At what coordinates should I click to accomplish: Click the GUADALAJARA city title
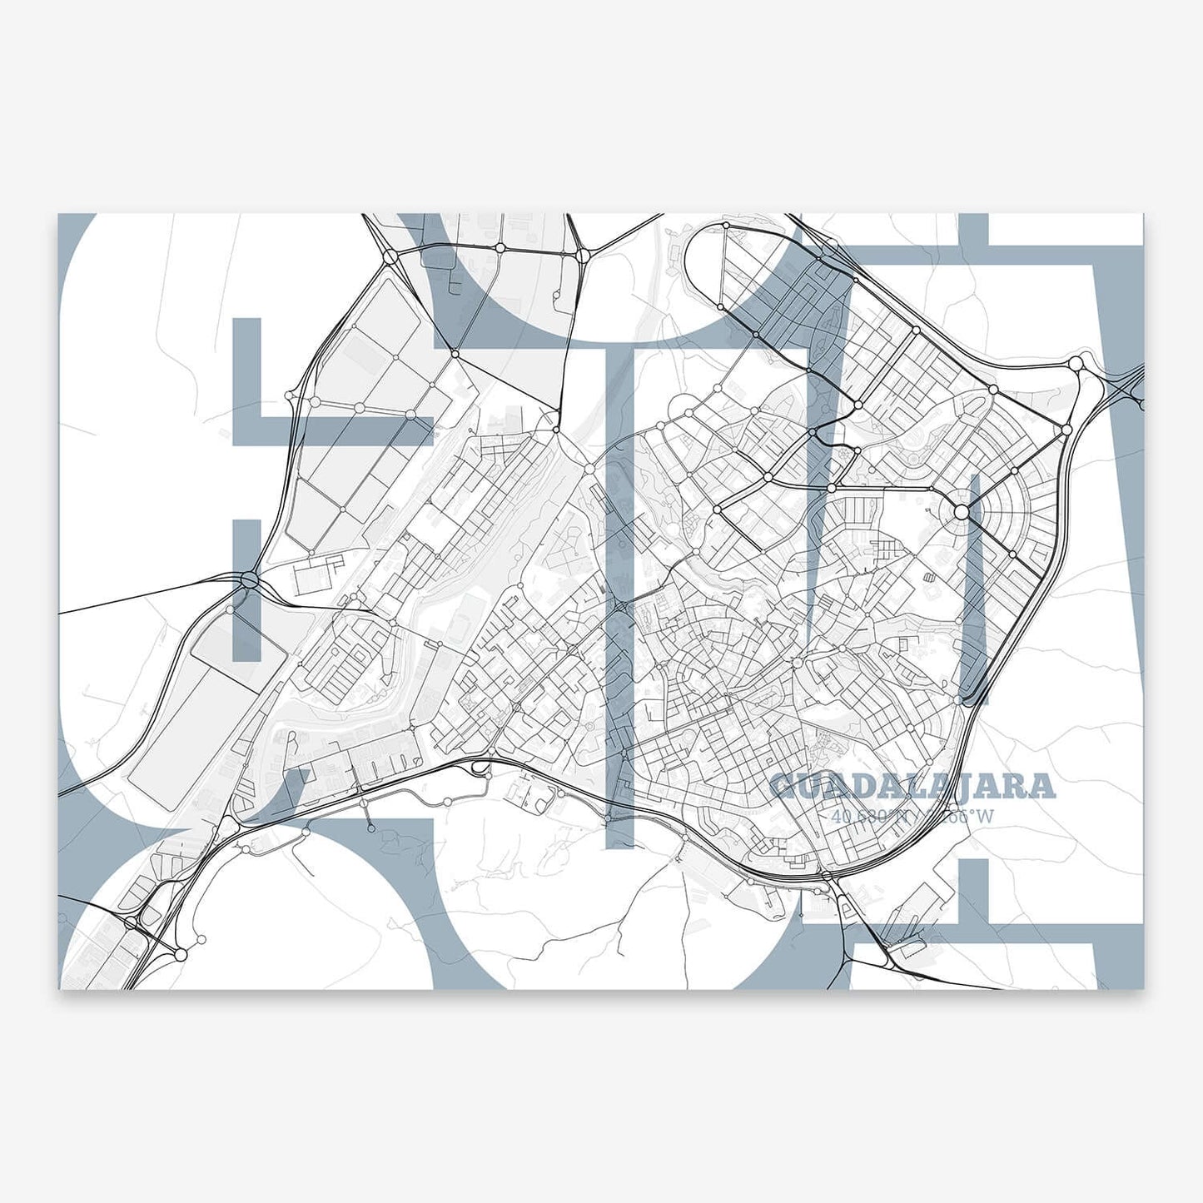[912, 786]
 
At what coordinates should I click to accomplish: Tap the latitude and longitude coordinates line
[912, 816]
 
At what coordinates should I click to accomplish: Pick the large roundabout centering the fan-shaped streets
[961, 512]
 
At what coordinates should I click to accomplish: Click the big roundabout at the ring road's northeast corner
[1076, 363]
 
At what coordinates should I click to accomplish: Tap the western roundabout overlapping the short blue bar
[248, 579]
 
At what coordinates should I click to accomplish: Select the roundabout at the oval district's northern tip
[726, 226]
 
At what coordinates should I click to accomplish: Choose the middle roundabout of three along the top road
[500, 248]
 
